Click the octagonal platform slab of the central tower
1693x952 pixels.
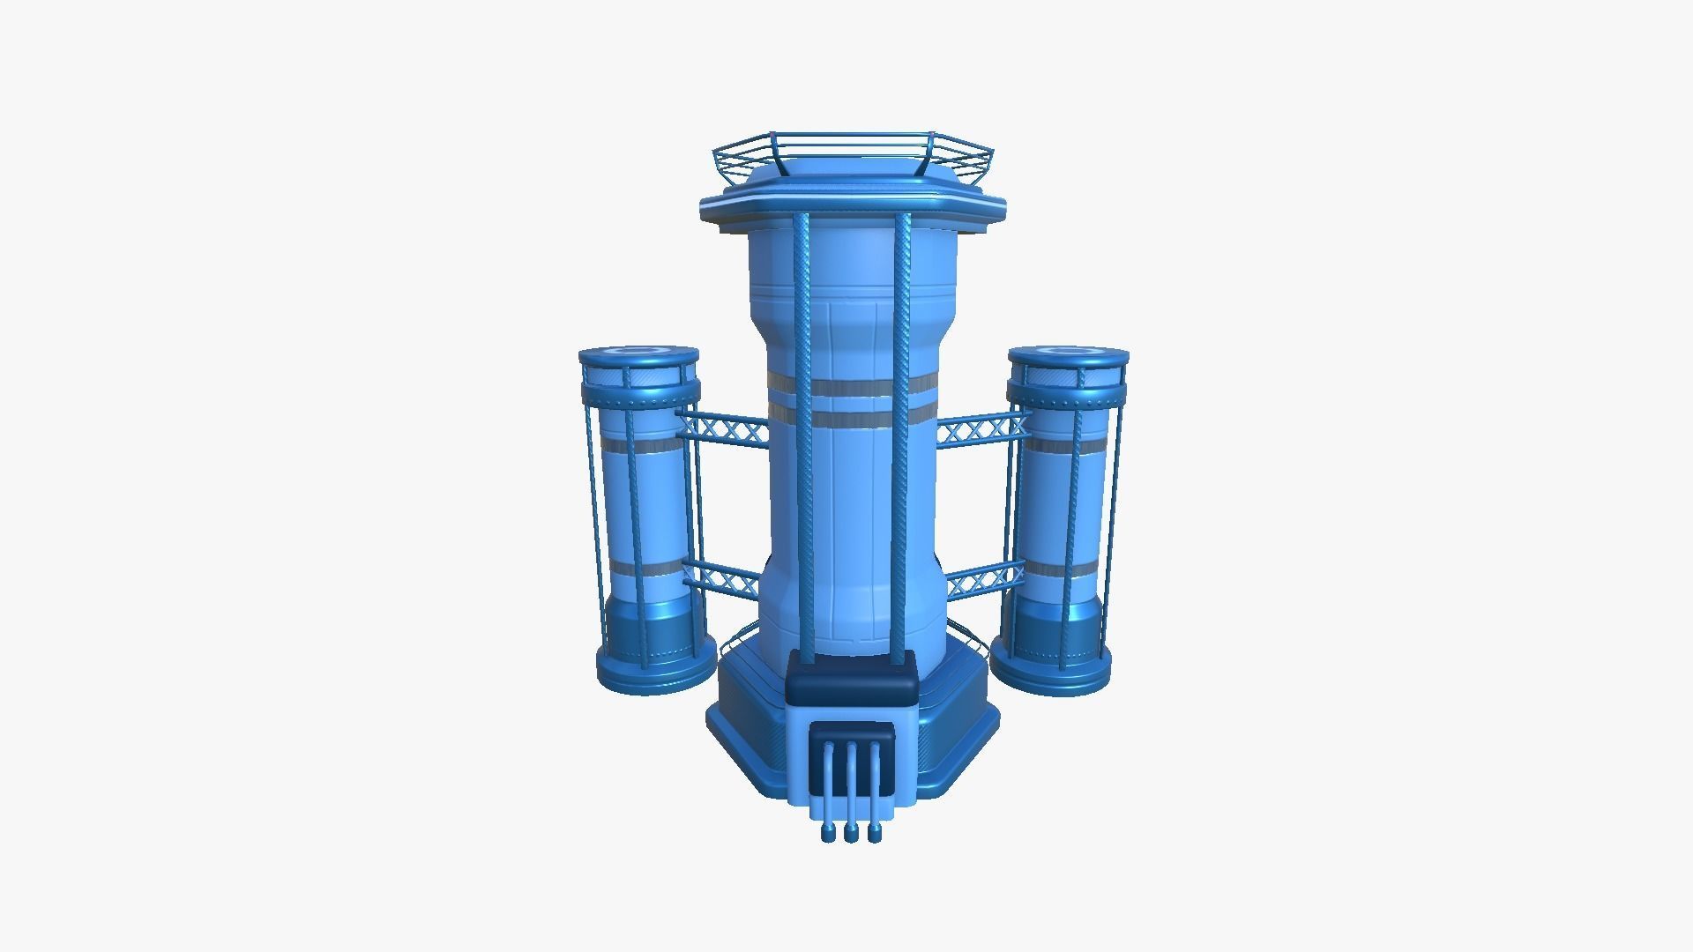point(852,210)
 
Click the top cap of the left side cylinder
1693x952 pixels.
point(638,356)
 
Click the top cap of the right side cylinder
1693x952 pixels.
point(1068,356)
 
